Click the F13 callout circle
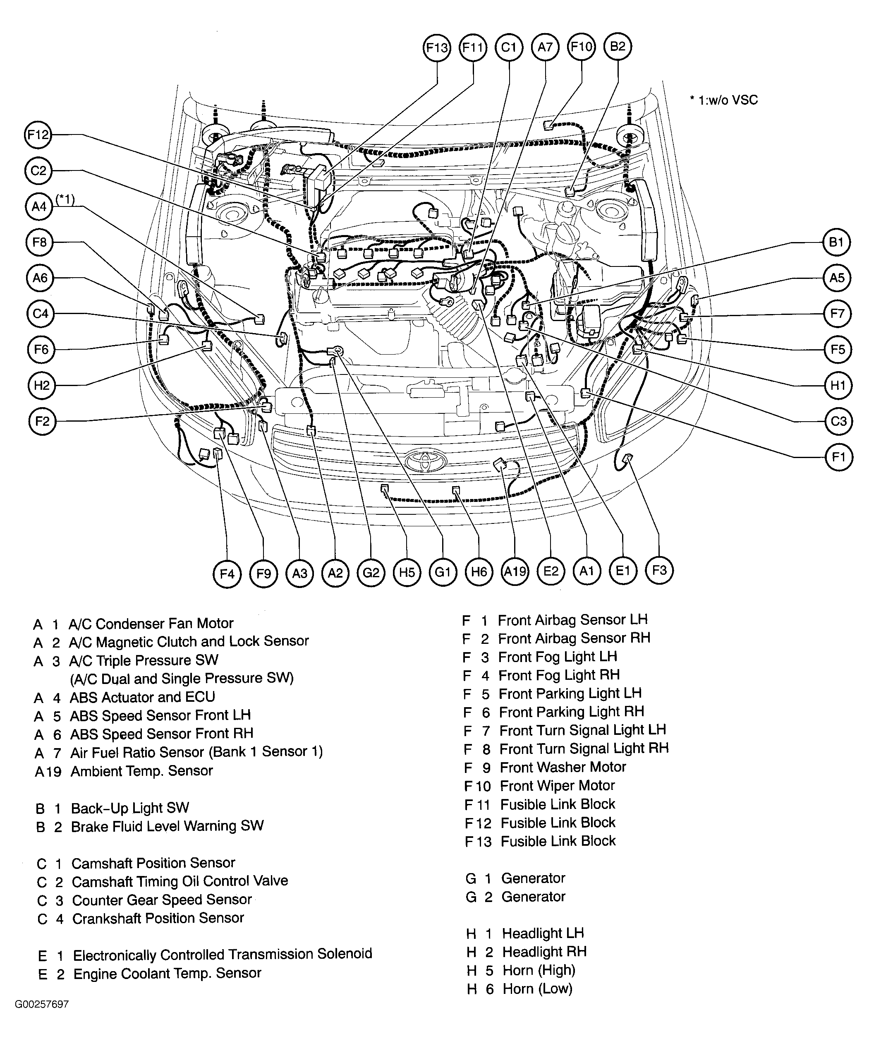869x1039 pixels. (x=437, y=48)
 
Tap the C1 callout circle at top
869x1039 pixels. (x=509, y=48)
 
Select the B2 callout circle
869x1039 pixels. (x=618, y=47)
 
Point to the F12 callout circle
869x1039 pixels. (x=38, y=135)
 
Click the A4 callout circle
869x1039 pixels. (x=38, y=206)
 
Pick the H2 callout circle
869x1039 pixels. (x=41, y=385)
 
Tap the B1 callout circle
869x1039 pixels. (x=836, y=242)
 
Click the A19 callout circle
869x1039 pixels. (x=515, y=572)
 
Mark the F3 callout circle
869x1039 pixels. (x=660, y=571)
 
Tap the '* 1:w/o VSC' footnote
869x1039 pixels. (x=723, y=101)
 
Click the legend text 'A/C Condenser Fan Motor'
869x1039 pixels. (x=151, y=624)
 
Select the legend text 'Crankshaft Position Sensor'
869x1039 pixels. (x=158, y=919)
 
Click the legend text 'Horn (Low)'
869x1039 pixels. (x=537, y=989)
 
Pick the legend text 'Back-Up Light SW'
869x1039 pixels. (x=129, y=808)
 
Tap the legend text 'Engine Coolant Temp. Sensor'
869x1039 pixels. (x=167, y=973)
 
